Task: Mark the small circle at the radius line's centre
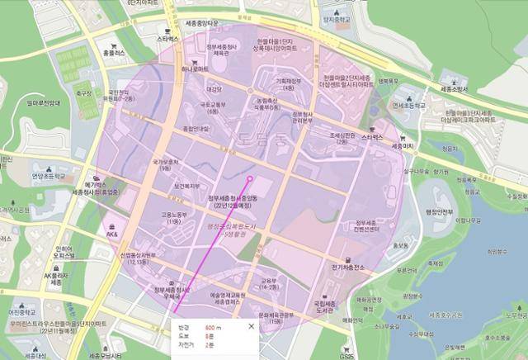pos(250,178)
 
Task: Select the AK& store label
pos(111,234)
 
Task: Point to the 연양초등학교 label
pos(47,175)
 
